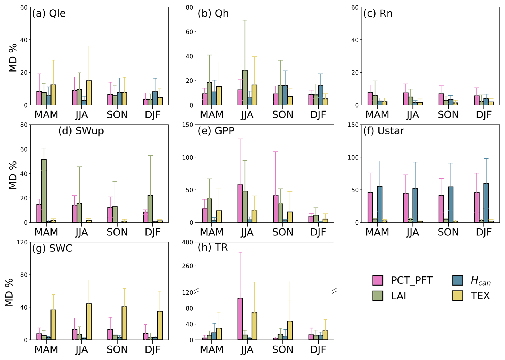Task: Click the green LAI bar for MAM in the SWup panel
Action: [x=44, y=191]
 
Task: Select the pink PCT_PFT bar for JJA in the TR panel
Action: [x=240, y=319]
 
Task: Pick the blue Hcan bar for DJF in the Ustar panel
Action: [x=486, y=203]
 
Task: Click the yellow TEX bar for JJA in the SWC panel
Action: [x=89, y=322]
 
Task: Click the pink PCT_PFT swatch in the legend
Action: [x=378, y=280]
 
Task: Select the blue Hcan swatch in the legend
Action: [x=457, y=280]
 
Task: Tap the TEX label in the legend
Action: [x=480, y=296]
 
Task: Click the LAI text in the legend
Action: [x=399, y=296]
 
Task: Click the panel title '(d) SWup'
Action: [x=81, y=131]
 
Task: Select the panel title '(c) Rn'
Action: [x=378, y=13]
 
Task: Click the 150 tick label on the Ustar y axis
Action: [x=353, y=125]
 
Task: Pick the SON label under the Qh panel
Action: [x=283, y=115]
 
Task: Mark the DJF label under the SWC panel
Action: [x=153, y=350]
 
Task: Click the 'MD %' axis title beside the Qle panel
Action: [x=13, y=58]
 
